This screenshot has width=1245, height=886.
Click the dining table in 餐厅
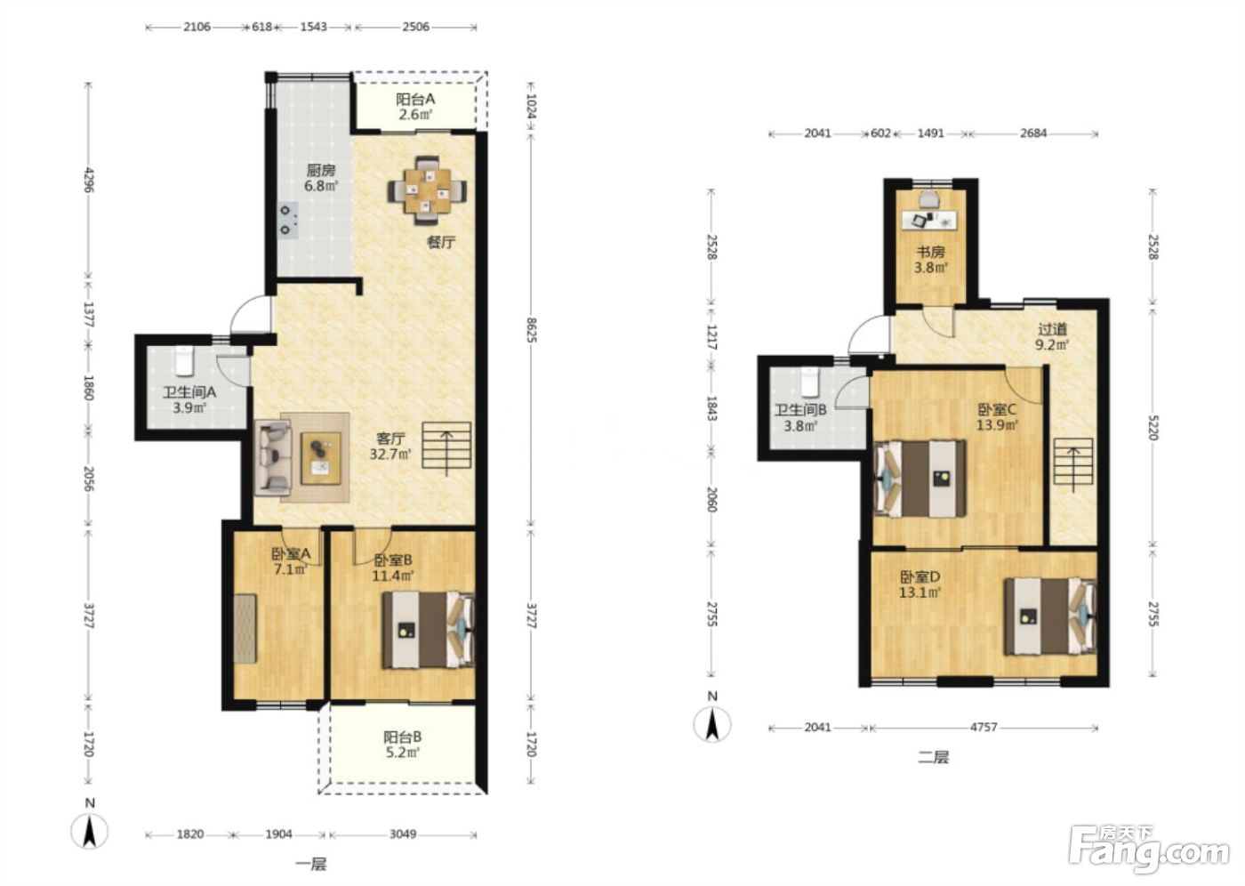click(x=427, y=190)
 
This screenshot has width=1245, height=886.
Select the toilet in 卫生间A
click(x=183, y=361)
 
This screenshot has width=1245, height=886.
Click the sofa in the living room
click(x=272, y=457)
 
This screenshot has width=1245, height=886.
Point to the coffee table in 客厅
click(x=321, y=458)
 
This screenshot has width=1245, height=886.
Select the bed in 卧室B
click(x=428, y=629)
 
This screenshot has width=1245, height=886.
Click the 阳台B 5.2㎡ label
click(x=402, y=745)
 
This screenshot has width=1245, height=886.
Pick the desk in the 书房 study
click(x=930, y=220)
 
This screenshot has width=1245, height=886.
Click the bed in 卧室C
click(x=920, y=479)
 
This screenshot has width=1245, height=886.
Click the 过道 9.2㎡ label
click(x=1051, y=337)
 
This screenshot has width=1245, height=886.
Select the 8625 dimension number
click(x=531, y=330)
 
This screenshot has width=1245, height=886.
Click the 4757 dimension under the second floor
click(x=984, y=727)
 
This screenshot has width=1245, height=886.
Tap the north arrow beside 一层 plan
click(x=90, y=832)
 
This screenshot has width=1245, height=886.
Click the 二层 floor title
click(x=933, y=758)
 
